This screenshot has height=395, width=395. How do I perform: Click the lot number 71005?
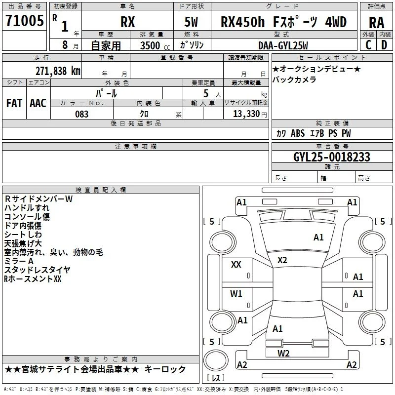point(24,20)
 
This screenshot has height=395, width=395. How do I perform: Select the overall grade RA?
point(376,23)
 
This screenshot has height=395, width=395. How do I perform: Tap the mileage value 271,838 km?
point(58,71)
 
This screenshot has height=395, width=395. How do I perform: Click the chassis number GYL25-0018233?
point(332,157)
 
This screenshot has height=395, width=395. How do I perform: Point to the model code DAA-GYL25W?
point(283,45)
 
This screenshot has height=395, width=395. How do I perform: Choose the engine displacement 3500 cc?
point(155,45)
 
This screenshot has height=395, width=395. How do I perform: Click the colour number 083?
point(81,114)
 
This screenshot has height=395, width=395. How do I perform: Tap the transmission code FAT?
point(14,103)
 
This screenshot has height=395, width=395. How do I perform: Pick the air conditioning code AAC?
point(38,103)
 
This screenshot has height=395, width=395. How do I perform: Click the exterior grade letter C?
point(368,45)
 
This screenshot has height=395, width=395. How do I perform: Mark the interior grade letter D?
point(384,45)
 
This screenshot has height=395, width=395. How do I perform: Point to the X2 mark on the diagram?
point(282,260)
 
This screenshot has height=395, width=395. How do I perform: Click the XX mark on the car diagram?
point(236,265)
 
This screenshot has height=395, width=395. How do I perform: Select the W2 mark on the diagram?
point(283,354)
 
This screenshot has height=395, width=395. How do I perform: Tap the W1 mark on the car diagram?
point(236,293)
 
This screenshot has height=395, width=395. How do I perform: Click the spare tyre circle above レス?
point(216,360)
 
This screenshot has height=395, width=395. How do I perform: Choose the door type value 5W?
point(191,22)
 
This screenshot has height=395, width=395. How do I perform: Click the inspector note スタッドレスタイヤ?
point(38,270)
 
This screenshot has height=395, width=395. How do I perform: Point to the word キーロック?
point(165,369)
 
